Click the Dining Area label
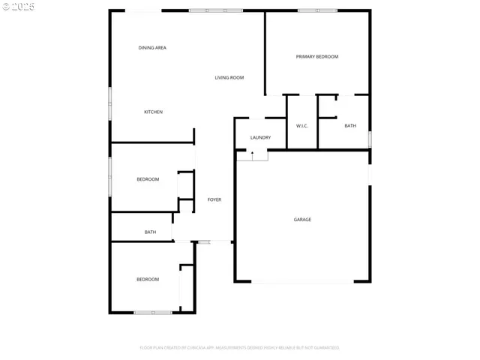[x=152, y=48]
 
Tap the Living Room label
[x=229, y=78]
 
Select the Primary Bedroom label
[x=316, y=57]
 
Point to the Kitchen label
[x=153, y=112]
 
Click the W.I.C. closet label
[x=303, y=126]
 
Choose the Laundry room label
[x=260, y=138]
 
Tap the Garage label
[x=302, y=220]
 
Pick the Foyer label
[x=214, y=199]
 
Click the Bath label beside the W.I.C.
[x=350, y=126]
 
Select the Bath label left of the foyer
[x=150, y=232]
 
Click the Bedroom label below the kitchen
[x=148, y=179]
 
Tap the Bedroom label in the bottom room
[x=148, y=280]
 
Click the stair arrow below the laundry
[x=253, y=154]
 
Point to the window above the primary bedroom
[x=316, y=10]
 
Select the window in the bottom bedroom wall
[x=153, y=312]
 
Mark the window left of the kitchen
[x=111, y=103]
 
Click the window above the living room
[x=210, y=10]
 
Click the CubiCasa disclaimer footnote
[x=240, y=348]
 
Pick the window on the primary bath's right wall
[x=370, y=139]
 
